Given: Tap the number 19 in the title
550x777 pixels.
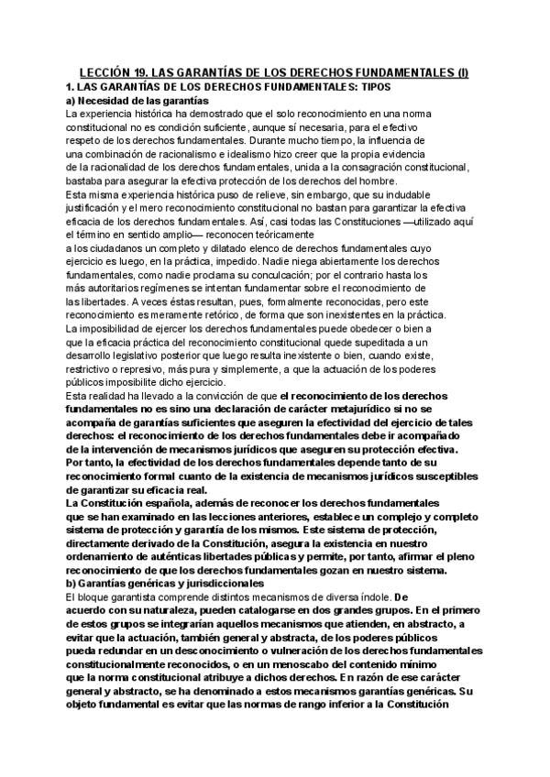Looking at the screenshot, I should [139, 72].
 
